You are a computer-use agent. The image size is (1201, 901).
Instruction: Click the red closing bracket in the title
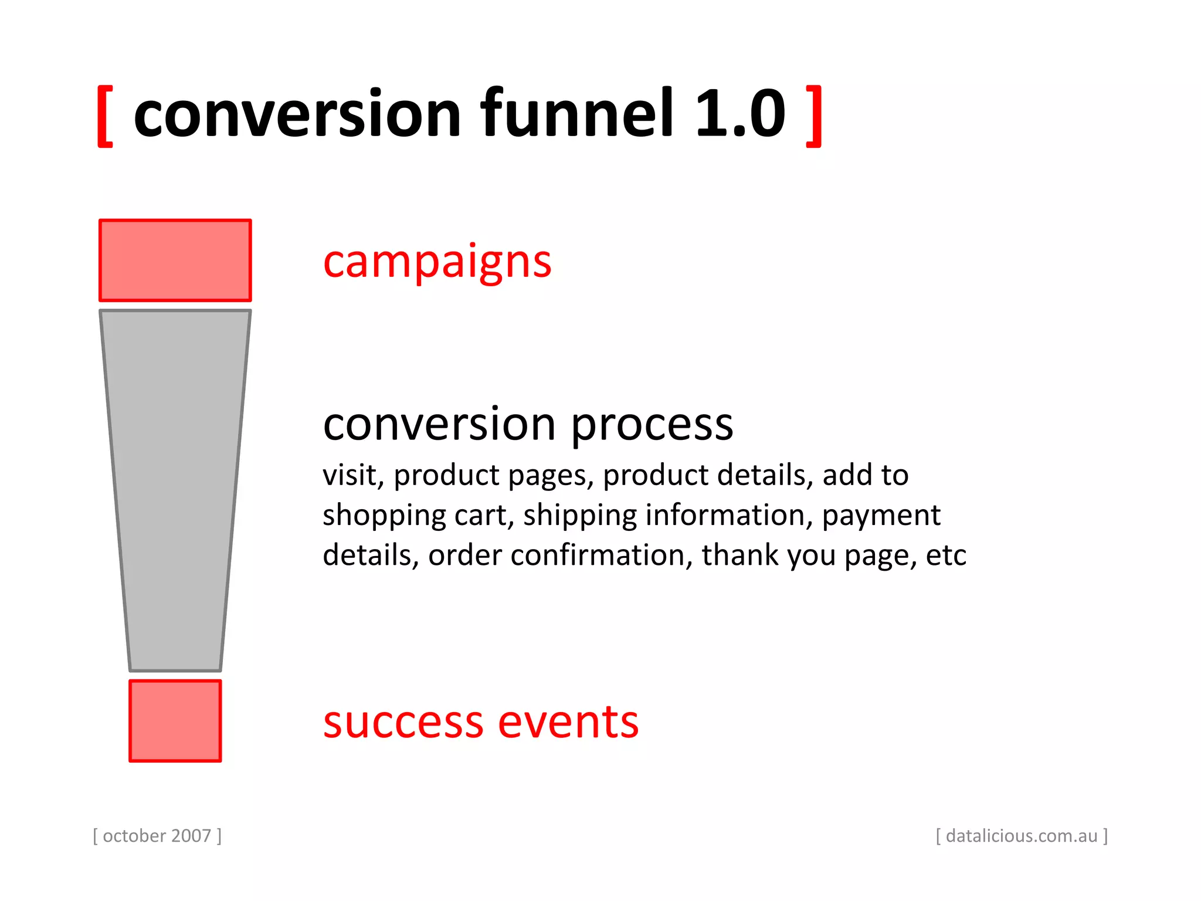[814, 116]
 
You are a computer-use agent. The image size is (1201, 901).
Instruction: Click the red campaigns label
[437, 262]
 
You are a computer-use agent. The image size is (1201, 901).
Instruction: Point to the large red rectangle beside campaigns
[175, 260]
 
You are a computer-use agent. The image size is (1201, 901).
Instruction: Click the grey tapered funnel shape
[175, 487]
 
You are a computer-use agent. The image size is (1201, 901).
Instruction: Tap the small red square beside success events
[175, 721]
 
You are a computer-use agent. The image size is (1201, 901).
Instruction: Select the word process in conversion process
[652, 426]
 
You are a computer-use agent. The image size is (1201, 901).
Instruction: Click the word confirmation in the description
[598, 555]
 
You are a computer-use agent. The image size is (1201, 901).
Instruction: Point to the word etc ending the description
[945, 555]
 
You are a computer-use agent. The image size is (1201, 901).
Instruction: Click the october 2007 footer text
[157, 836]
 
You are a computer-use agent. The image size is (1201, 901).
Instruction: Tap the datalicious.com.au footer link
[1022, 836]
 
